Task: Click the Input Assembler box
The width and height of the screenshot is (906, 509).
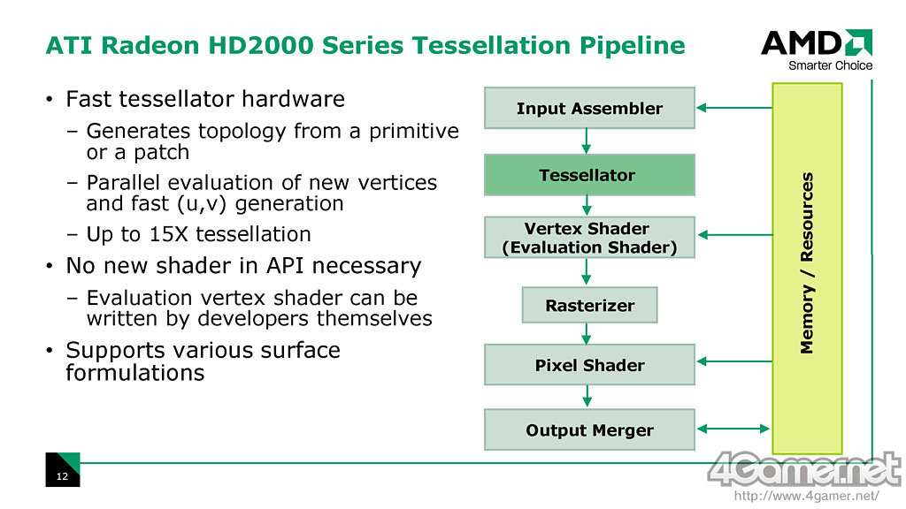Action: click(589, 108)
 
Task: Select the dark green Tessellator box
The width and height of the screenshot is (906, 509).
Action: click(589, 175)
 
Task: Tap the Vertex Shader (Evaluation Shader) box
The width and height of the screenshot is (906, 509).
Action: click(589, 237)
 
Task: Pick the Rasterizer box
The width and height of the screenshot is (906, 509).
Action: click(589, 305)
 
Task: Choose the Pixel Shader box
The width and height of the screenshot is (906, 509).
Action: click(589, 365)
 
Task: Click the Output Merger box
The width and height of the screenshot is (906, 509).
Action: click(589, 430)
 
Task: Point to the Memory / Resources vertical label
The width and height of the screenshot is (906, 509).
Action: click(807, 262)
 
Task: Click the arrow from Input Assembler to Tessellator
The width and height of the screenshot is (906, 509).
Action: click(587, 141)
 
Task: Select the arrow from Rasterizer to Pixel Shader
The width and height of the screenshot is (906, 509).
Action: click(587, 333)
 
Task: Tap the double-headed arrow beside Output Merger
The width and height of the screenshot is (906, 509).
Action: click(733, 429)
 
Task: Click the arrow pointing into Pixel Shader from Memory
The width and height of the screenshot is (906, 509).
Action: click(734, 361)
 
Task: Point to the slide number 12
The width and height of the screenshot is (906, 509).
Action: click(62, 476)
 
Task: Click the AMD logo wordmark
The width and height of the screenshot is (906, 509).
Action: click(817, 42)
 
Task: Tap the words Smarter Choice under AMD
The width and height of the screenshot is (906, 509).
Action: click(830, 65)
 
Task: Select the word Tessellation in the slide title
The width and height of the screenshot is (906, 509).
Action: click(492, 45)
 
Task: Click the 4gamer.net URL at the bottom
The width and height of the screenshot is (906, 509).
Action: click(807, 496)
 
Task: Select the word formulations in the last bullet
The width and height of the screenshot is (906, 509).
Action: click(135, 373)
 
